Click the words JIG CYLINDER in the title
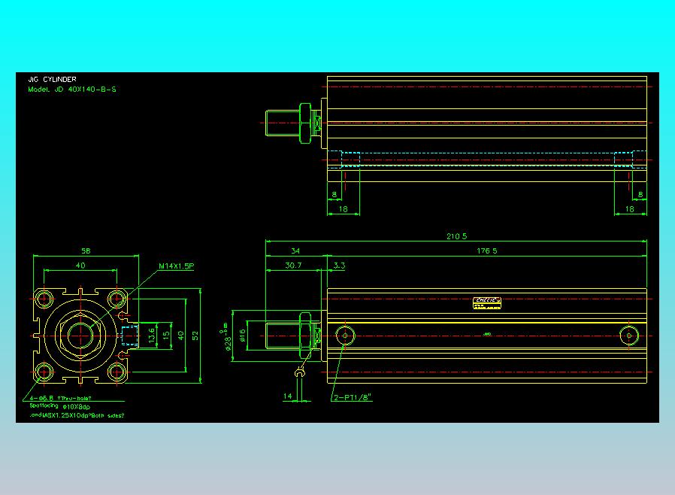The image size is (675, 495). coord(52,79)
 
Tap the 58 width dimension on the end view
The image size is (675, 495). coord(86,251)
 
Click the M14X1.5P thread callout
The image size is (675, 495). coord(177,266)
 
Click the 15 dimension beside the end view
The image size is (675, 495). coord(166,334)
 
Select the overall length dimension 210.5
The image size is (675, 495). coord(456,236)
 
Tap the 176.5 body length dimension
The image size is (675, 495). coord(487,251)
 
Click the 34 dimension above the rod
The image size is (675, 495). coord(295,251)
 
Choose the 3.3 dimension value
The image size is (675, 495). coord(339,266)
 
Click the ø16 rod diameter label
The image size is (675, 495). coord(243,336)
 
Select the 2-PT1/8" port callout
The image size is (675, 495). coord(353,397)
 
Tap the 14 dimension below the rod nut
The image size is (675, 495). coord(287,396)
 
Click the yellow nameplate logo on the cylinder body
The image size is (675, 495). coord(487,302)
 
